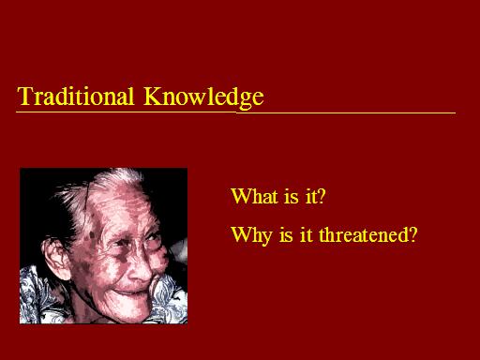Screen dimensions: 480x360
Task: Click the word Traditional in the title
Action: (x=76, y=96)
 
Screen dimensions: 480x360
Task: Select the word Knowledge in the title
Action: (x=203, y=97)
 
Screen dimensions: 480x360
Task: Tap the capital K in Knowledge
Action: (x=152, y=96)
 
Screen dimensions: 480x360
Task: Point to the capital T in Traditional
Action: (x=25, y=96)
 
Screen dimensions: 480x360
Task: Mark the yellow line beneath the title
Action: (x=235, y=112)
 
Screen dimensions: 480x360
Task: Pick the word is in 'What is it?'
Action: (x=292, y=197)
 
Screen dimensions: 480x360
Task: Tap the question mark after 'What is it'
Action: (x=321, y=196)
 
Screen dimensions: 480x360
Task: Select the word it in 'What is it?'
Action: (x=308, y=197)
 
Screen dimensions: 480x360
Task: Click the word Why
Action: (x=251, y=235)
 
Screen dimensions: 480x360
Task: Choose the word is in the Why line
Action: (x=286, y=235)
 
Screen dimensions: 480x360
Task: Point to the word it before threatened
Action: (x=306, y=235)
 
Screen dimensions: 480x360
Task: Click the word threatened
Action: (x=363, y=235)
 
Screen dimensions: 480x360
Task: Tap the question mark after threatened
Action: (x=412, y=235)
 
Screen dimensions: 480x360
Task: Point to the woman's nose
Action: (x=141, y=268)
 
